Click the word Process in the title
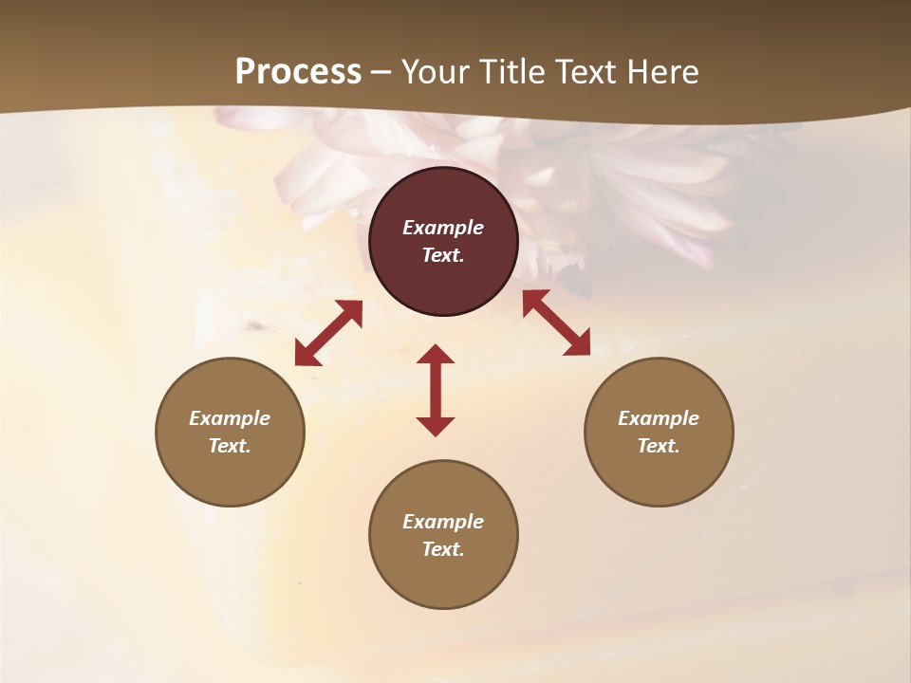[x=298, y=72]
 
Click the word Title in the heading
[x=511, y=72]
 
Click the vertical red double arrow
[x=436, y=390]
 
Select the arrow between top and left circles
[x=328, y=332]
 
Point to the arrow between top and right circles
[x=556, y=323]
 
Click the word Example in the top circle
[x=443, y=228]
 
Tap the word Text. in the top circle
[x=443, y=255]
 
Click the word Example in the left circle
[x=230, y=418]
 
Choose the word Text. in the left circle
[x=230, y=446]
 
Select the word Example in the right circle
[x=659, y=418]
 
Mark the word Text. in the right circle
[x=659, y=446]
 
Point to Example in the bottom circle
[x=443, y=522]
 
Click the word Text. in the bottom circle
[x=443, y=549]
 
